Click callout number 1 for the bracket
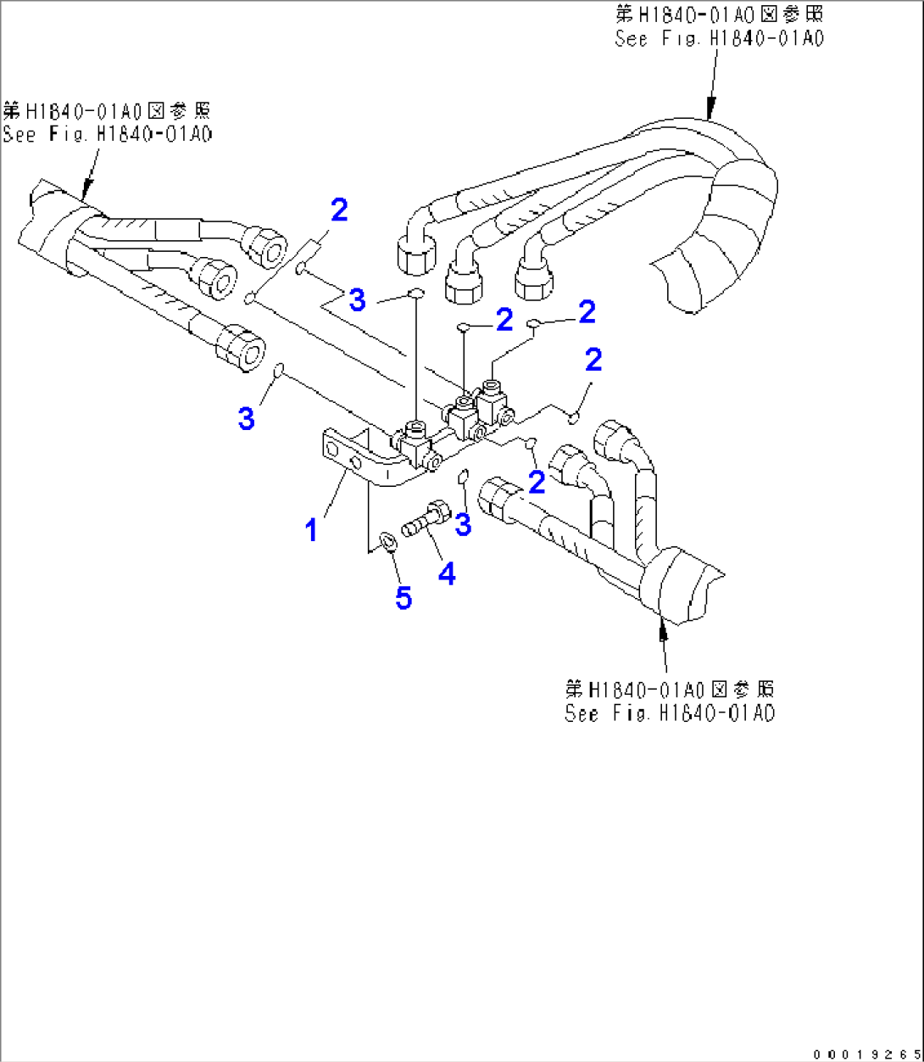[312, 530]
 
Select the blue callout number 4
[446, 574]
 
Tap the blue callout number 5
[404, 598]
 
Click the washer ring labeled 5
[387, 540]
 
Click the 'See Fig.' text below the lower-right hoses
[670, 713]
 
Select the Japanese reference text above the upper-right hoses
[719, 14]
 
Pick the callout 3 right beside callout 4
[463, 525]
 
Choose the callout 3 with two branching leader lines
[358, 299]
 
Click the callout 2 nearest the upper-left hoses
[339, 210]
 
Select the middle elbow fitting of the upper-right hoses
[464, 273]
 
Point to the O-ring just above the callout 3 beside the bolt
[464, 476]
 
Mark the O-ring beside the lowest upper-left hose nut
[278, 371]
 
